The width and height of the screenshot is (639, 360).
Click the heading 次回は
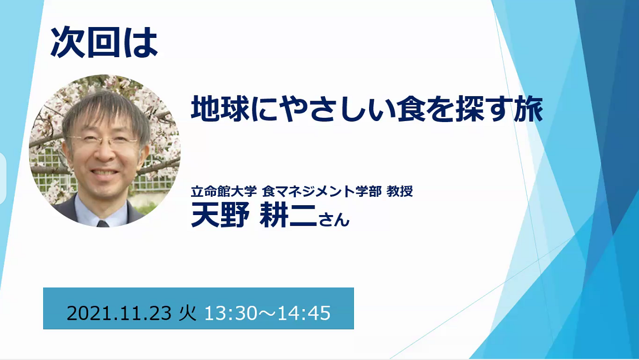(x=104, y=42)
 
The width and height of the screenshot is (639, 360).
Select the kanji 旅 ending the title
(x=528, y=109)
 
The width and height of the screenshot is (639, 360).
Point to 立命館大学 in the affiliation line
(x=224, y=191)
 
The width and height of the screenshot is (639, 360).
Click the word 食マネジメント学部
(x=321, y=191)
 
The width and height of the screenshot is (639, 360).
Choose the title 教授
(x=399, y=191)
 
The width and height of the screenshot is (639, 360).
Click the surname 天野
(x=220, y=215)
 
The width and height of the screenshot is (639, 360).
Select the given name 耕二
(x=288, y=215)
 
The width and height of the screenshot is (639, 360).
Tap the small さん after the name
(x=334, y=219)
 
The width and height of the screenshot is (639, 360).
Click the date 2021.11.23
(x=119, y=313)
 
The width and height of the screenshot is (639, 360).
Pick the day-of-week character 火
(x=188, y=313)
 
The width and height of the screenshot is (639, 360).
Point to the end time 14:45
(x=304, y=313)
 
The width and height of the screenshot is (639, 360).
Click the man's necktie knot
(x=103, y=223)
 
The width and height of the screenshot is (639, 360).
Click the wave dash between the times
(x=267, y=313)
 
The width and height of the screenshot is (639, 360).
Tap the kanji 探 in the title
(x=469, y=109)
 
